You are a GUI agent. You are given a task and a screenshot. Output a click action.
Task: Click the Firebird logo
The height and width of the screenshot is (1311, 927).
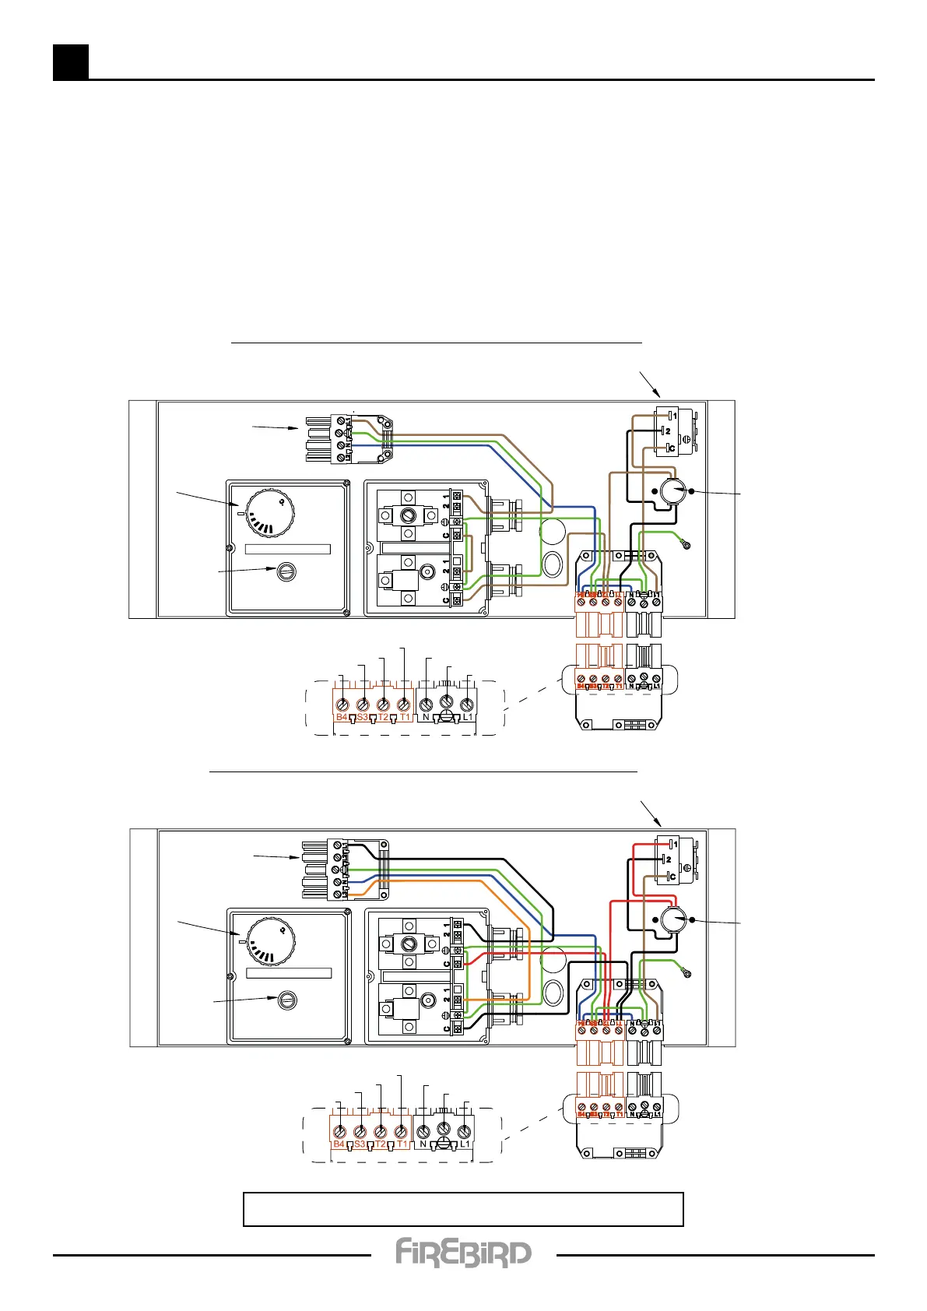(463, 1253)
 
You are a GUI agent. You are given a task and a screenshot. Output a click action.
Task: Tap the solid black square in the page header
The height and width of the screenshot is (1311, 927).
(70, 62)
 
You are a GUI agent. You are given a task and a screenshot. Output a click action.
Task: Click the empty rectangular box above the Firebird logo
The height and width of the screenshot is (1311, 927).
(463, 1209)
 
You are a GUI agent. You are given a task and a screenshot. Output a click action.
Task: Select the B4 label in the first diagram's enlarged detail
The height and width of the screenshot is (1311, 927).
(341, 717)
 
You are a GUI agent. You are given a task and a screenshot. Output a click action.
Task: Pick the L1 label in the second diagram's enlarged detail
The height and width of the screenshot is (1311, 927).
(465, 1144)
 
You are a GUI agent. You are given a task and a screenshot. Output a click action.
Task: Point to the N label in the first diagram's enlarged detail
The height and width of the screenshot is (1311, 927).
(426, 717)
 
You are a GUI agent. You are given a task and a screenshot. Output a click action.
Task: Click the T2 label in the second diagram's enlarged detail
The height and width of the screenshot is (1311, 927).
(381, 1144)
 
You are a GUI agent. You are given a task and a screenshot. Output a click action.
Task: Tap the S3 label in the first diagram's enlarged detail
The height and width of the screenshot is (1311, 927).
(362, 717)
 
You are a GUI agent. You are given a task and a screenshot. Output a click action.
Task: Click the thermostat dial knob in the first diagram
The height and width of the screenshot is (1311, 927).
(270, 515)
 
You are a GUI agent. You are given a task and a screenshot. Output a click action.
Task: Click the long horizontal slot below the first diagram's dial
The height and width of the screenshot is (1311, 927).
(288, 549)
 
